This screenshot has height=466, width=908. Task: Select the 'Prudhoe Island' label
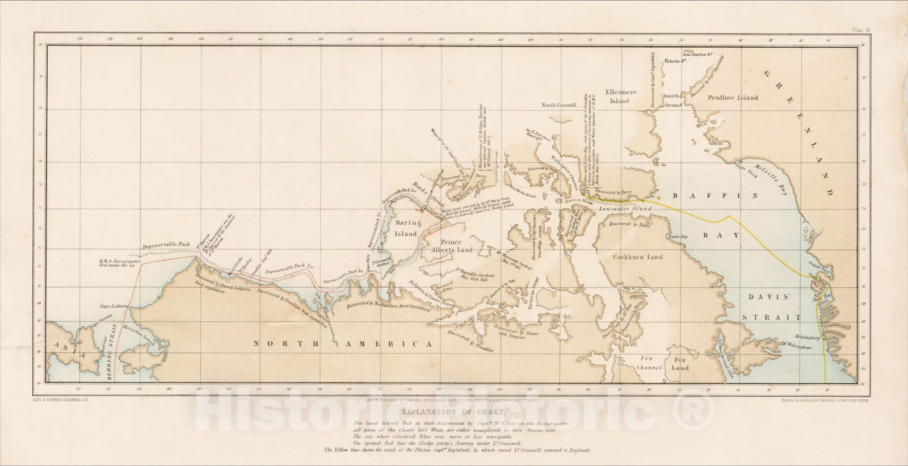[x=733, y=98]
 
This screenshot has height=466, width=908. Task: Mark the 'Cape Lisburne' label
[x=113, y=305]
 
